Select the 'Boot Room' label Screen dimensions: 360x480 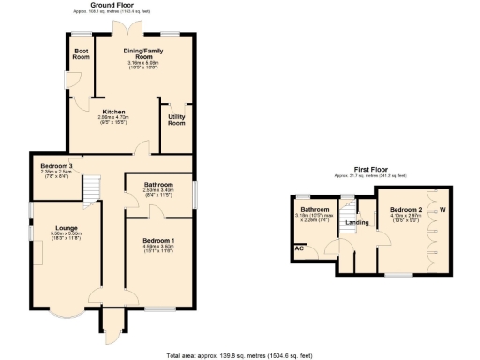[82, 54]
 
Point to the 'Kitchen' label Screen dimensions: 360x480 [113, 112]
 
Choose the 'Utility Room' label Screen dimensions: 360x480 [176, 120]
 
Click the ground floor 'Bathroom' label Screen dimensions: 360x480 [157, 185]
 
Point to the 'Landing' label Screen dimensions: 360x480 [356, 222]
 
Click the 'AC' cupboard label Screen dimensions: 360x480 [299, 248]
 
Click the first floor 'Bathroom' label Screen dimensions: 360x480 [314, 209]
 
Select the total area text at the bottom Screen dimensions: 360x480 [239, 355]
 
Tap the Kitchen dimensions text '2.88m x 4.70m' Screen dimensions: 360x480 [113, 117]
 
